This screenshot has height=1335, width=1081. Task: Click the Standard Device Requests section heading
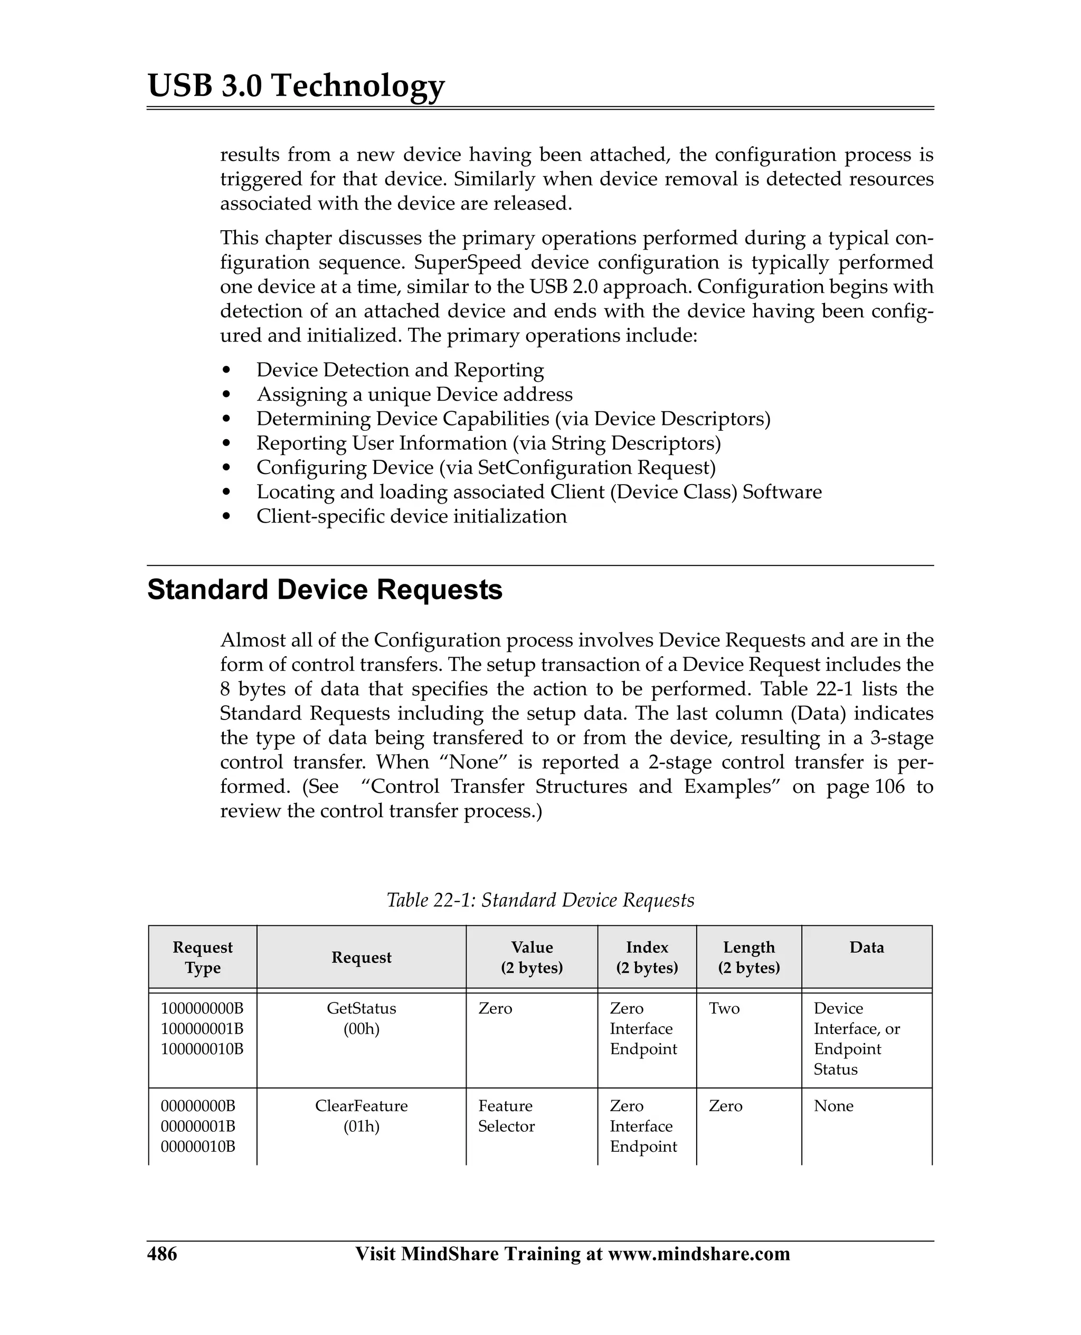(x=325, y=590)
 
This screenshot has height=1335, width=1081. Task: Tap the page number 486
(x=162, y=1253)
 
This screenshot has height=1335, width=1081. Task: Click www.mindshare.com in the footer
(x=698, y=1253)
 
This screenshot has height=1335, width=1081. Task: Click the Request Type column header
(x=202, y=957)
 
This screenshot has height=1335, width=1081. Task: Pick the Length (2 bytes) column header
(x=748, y=957)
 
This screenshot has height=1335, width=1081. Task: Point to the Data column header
(x=866, y=947)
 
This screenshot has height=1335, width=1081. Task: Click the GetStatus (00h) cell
(x=361, y=1018)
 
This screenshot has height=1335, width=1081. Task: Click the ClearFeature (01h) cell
(x=361, y=1116)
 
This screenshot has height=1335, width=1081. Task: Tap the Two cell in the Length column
(x=724, y=1008)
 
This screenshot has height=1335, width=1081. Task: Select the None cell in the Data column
(x=833, y=1106)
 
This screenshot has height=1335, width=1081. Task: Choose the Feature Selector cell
(x=506, y=1116)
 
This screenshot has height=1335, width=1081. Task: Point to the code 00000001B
(x=198, y=1126)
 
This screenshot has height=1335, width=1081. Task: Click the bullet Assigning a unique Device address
(x=414, y=394)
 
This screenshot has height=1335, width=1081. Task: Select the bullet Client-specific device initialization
(x=412, y=516)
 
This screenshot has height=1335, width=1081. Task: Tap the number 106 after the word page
(x=889, y=787)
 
